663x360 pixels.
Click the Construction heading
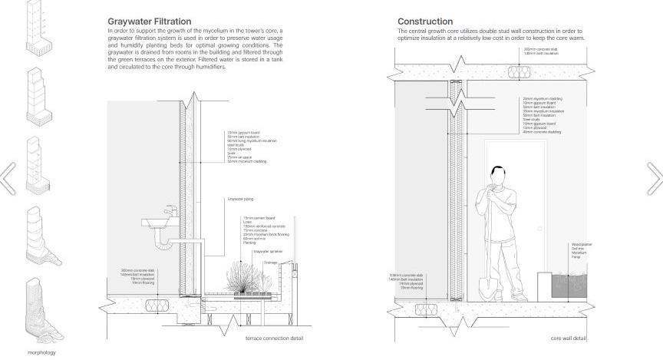point(425,21)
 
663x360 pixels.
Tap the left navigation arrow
point(8,179)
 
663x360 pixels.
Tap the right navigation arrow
point(655,179)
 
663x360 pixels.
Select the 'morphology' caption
point(41,352)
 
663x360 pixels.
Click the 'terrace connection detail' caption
point(274,339)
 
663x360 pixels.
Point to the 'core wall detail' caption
point(568,339)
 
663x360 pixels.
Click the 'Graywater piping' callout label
point(240,199)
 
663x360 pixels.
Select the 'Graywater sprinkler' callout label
point(266,251)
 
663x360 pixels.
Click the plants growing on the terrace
point(242,279)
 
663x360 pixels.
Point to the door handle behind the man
point(539,229)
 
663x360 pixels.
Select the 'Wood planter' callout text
point(582,244)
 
